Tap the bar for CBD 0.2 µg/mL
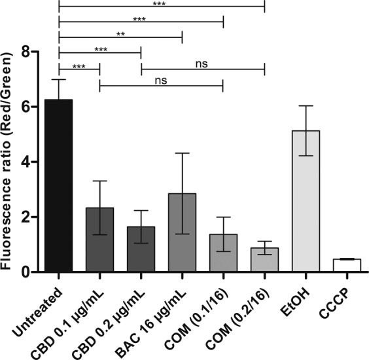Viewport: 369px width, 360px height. (x=141, y=249)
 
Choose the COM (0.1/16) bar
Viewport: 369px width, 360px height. (x=223, y=253)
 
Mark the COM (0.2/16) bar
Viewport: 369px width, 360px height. (x=264, y=259)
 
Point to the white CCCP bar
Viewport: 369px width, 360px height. (x=347, y=265)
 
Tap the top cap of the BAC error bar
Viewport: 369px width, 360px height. (x=182, y=153)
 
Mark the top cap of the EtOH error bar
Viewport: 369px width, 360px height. (x=306, y=105)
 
